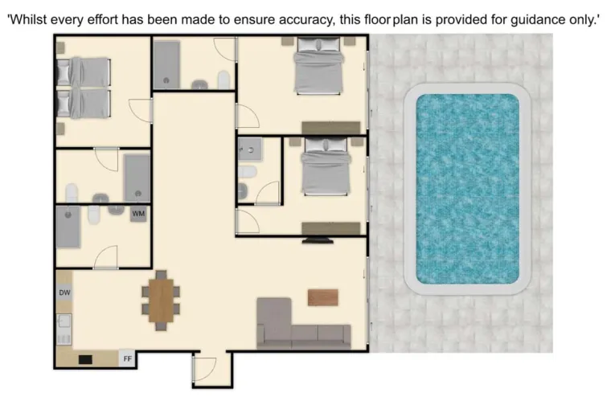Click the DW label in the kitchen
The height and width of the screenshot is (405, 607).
(x=65, y=293)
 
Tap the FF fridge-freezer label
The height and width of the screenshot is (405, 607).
(x=127, y=359)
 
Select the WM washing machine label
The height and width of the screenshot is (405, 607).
(x=139, y=214)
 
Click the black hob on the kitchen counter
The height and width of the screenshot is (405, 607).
(x=85, y=359)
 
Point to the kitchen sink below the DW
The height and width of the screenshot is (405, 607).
(x=64, y=323)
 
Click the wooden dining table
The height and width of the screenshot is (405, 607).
(x=162, y=298)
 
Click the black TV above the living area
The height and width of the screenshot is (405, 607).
(x=314, y=239)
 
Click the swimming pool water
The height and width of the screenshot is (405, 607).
(x=467, y=188)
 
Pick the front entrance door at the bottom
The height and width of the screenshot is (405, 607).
(x=205, y=370)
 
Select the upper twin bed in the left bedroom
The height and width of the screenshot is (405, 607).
(x=83, y=72)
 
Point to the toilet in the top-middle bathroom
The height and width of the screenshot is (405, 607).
(x=225, y=79)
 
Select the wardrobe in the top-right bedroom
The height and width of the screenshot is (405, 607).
(x=330, y=127)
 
